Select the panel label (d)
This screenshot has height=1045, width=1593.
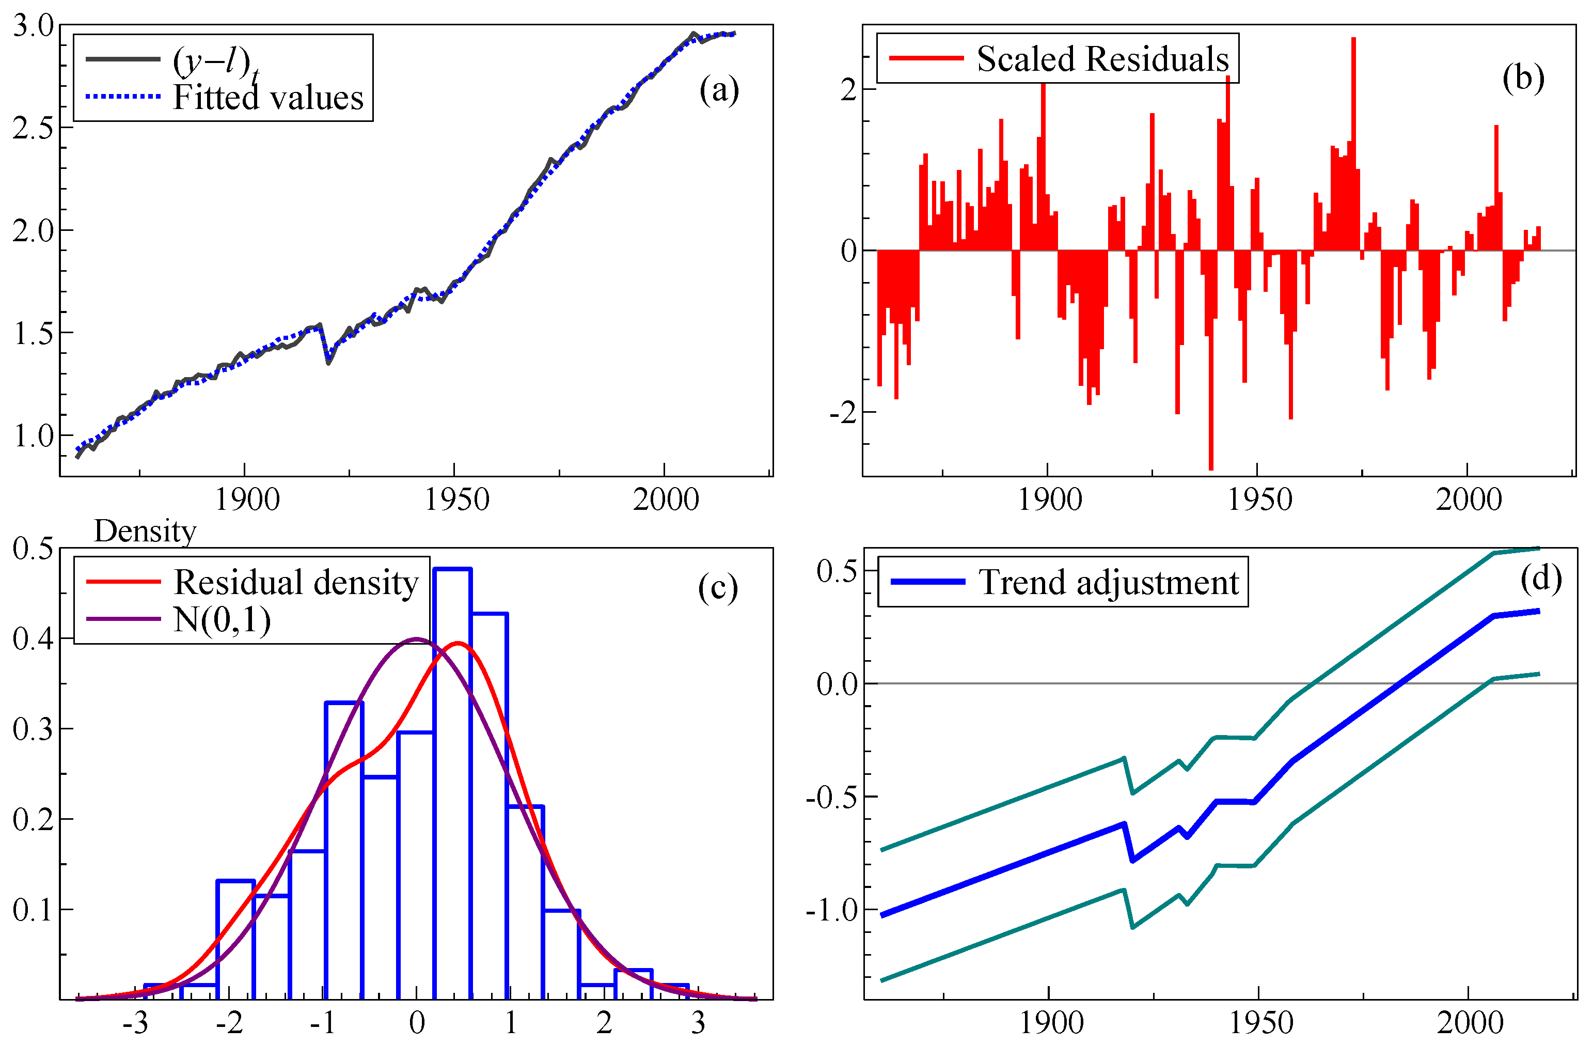click(x=1541, y=578)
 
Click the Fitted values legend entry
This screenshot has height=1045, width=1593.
click(x=267, y=98)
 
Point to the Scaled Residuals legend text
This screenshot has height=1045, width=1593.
click(x=1102, y=59)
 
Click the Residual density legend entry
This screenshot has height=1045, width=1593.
click(x=295, y=582)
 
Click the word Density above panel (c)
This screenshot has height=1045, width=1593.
click(x=145, y=531)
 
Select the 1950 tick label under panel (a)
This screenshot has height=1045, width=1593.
click(x=457, y=500)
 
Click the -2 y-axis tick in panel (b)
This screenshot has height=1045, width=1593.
click(x=843, y=412)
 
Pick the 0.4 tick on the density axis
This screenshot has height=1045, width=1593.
click(x=34, y=638)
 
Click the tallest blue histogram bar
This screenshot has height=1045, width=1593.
click(x=452, y=783)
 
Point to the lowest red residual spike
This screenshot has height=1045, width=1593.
click(x=1211, y=462)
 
